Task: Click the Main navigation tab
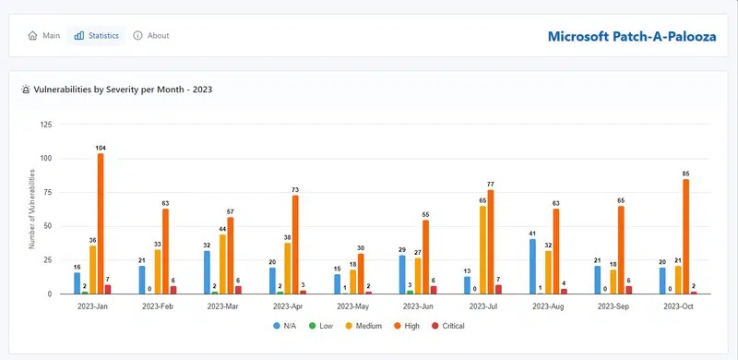(x=44, y=36)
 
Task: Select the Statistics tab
(x=97, y=36)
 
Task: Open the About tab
(x=151, y=36)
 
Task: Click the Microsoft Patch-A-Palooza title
(x=631, y=37)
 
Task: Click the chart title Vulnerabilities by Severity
(x=118, y=90)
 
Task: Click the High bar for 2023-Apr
(x=295, y=245)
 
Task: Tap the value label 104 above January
(x=100, y=148)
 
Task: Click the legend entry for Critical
(x=448, y=326)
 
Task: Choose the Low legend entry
(x=322, y=326)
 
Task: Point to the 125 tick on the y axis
(x=46, y=125)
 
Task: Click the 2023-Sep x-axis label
(x=615, y=306)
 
